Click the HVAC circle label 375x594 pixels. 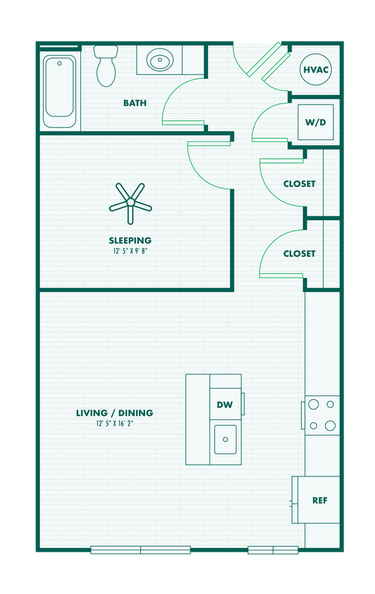316,70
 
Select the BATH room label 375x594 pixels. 135,103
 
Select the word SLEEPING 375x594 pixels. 130,240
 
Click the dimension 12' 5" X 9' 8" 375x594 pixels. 130,251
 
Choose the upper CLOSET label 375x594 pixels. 299,184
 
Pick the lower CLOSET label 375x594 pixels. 299,253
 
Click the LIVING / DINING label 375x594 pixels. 114,413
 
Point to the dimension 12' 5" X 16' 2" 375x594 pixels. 114,424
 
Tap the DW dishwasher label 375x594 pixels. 225,405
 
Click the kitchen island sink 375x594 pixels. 226,440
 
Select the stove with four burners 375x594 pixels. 322,415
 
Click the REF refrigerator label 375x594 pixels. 320,500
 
